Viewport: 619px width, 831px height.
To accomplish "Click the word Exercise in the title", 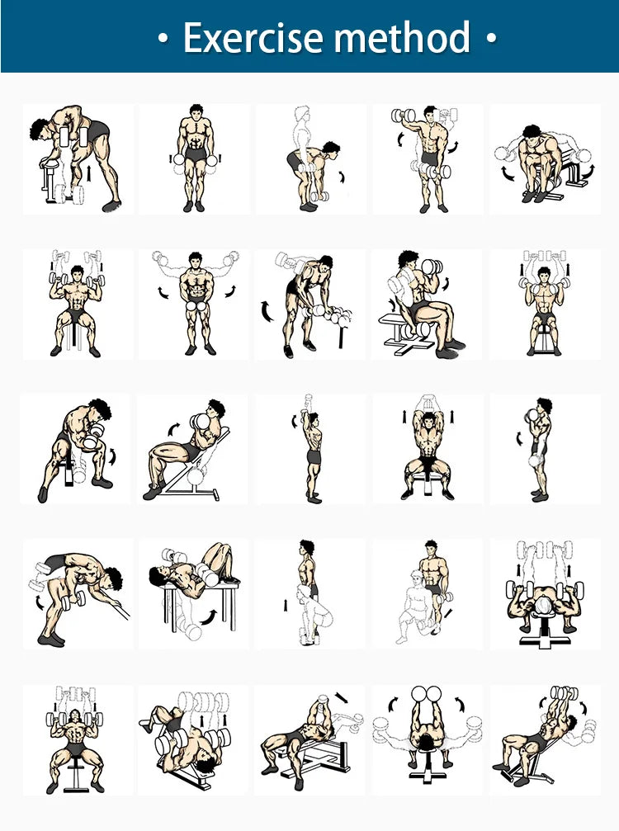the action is [253, 37].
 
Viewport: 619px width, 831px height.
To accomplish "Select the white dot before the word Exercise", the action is [163, 38].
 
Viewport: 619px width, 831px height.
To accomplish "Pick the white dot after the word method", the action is [491, 38].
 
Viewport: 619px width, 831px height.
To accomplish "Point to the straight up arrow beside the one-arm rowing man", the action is [89, 172].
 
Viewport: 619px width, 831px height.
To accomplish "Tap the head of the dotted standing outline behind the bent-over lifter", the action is [301, 115].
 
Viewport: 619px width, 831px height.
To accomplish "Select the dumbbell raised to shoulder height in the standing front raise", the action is [404, 115].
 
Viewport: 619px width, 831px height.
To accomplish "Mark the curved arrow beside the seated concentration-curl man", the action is [112, 456].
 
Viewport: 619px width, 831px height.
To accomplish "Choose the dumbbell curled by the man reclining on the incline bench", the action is [201, 422].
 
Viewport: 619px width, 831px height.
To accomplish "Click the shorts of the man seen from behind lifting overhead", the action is [314, 456].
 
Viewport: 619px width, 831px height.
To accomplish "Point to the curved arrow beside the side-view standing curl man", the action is [520, 439].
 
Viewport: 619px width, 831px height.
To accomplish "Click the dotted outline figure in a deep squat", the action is [313, 615].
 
